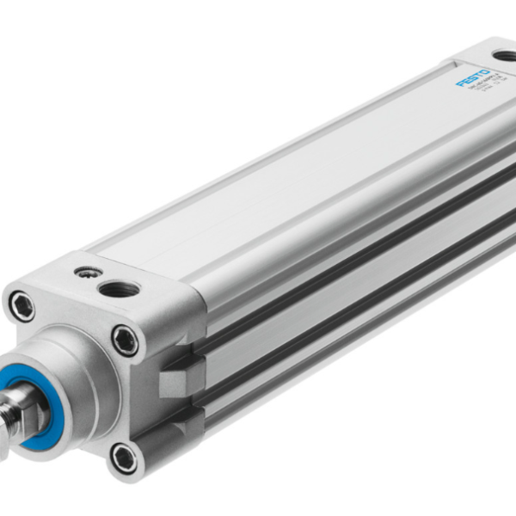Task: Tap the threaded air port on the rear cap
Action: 504,56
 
